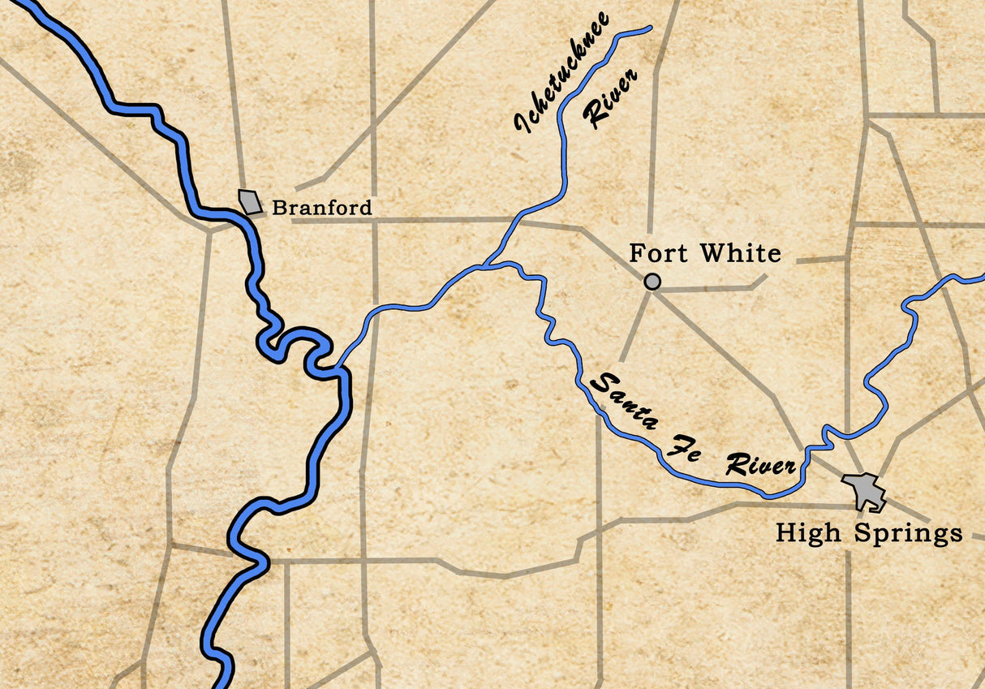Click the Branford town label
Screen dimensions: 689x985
coord(322,208)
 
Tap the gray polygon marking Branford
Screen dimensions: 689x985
coord(251,201)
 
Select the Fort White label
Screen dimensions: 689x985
coord(704,253)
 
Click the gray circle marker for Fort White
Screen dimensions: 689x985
coord(652,282)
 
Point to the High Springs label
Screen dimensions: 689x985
coord(868,533)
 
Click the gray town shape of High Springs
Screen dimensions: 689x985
coord(864,490)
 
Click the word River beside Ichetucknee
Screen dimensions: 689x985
coord(610,98)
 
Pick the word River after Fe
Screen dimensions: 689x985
coord(759,465)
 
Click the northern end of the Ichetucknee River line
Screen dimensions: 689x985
coord(650,28)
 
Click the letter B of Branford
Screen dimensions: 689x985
coord(278,208)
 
